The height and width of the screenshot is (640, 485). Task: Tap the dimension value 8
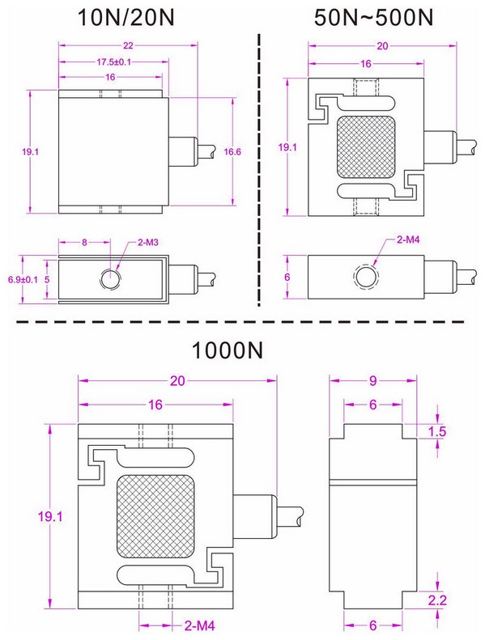[83, 242]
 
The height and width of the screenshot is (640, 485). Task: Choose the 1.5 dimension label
[436, 432]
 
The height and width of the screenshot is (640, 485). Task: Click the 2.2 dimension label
[436, 600]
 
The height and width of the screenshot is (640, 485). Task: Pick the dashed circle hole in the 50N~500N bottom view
[366, 278]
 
